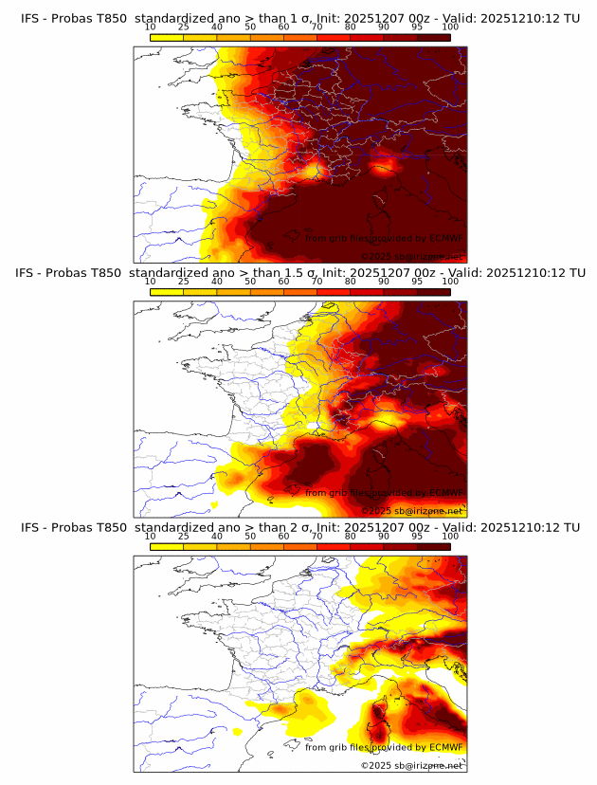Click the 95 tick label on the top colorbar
pyautogui.click(x=417, y=27)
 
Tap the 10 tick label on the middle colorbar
pyautogui.click(x=150, y=282)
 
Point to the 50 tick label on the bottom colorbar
pyautogui.click(x=250, y=537)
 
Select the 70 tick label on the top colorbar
pyautogui.click(x=317, y=27)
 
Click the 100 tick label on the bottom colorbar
pyautogui.click(x=450, y=537)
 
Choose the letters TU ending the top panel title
pyautogui.click(x=572, y=17)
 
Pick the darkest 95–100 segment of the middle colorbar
pyautogui.click(x=434, y=292)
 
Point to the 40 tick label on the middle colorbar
pyautogui.click(x=217, y=282)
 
